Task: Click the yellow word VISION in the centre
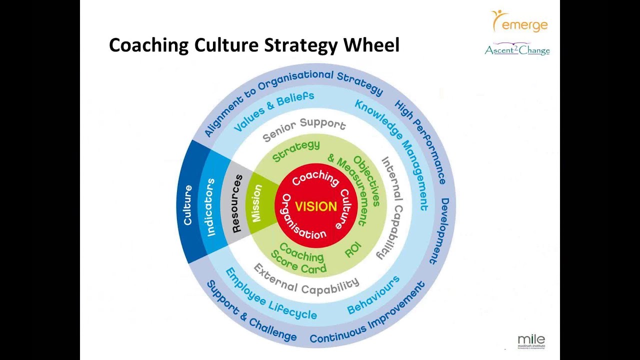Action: click(316, 206)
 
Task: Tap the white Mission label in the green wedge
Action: click(257, 203)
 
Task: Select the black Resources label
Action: click(237, 203)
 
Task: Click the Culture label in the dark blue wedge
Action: click(188, 205)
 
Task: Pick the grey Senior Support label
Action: click(304, 129)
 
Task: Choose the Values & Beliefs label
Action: click(273, 110)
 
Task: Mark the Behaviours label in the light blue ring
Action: click(374, 294)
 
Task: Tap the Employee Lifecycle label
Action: click(270, 295)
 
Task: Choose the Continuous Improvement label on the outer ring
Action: click(367, 314)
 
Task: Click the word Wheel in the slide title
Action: click(371, 45)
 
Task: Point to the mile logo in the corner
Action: click(531, 340)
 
